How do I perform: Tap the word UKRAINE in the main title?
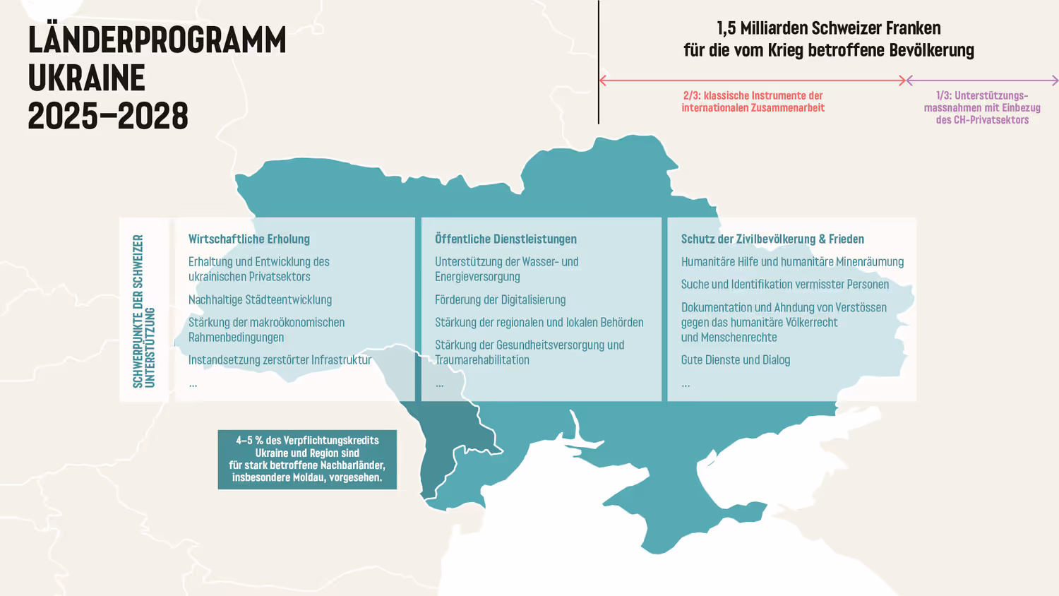(86, 78)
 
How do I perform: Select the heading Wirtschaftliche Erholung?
(249, 239)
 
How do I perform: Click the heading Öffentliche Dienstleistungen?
(505, 239)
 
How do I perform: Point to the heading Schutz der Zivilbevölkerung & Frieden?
(772, 239)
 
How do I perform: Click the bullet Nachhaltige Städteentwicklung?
(260, 300)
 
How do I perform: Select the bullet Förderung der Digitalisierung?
(500, 300)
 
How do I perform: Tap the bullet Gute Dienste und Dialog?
(735, 360)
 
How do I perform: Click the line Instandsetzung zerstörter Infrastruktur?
(280, 360)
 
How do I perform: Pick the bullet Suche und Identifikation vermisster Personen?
(784, 285)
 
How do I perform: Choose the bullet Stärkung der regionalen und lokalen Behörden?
(539, 323)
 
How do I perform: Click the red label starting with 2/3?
(753, 102)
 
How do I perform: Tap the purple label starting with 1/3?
(982, 107)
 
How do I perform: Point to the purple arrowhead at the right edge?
(1055, 81)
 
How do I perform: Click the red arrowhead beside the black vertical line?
(603, 81)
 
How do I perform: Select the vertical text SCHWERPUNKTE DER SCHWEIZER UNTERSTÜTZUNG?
(143, 311)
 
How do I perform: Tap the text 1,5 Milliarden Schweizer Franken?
(828, 28)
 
